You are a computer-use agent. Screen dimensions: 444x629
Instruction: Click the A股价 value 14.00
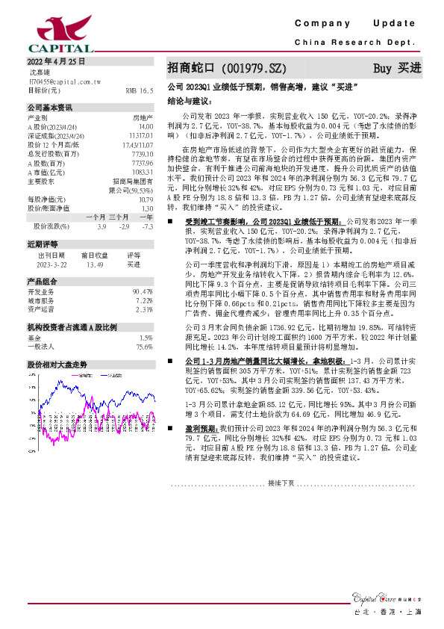(x=146, y=127)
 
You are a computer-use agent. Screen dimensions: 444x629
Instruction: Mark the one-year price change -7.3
(x=148, y=226)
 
